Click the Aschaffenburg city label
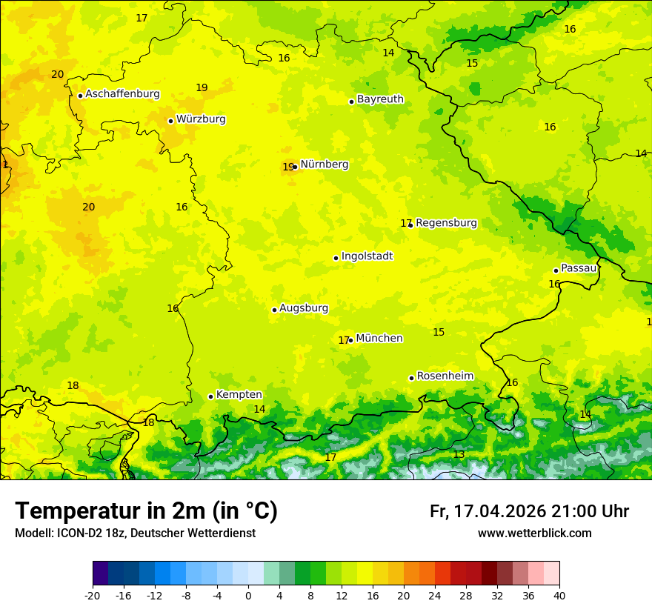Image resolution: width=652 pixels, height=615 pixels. [122, 94]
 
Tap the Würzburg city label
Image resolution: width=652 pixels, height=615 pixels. [201, 119]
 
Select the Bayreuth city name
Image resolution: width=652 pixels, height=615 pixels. [380, 99]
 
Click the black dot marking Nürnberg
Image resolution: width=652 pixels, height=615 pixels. [296, 167]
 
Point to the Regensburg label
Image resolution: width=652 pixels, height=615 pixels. [446, 223]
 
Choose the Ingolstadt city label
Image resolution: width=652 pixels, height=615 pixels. [367, 256]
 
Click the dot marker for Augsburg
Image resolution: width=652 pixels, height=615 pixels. [274, 310]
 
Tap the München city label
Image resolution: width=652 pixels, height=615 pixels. [379, 339]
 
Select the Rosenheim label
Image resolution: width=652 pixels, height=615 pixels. [445, 376]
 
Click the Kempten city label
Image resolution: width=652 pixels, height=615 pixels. [239, 395]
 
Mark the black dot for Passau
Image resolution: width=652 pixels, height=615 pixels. [556, 270]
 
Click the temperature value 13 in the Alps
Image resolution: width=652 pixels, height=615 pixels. [459, 455]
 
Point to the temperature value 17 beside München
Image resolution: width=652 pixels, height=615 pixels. [343, 341]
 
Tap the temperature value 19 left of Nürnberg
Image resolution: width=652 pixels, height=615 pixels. [287, 167]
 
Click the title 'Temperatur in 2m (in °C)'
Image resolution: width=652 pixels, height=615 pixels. [146, 511]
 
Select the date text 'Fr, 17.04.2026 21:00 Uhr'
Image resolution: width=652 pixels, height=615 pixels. [529, 511]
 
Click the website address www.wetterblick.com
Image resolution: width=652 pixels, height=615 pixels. [534, 533]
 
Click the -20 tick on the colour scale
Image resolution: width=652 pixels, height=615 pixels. [93, 595]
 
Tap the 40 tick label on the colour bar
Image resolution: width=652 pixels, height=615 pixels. [559, 595]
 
